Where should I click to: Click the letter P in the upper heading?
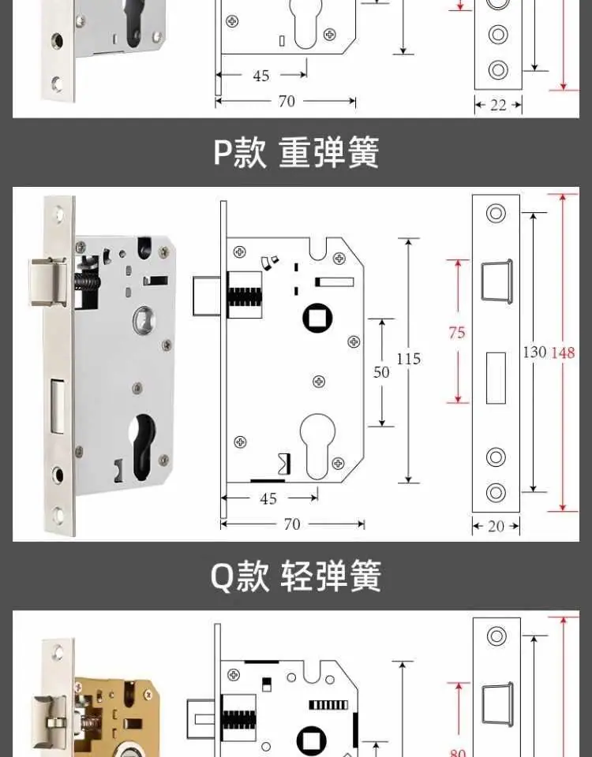click(x=223, y=152)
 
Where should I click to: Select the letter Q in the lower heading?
click(x=222, y=576)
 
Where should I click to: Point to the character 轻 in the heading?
click(x=297, y=576)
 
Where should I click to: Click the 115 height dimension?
click(x=408, y=359)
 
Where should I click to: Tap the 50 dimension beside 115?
click(x=381, y=371)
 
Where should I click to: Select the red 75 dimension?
click(x=457, y=332)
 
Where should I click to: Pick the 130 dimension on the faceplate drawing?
click(x=534, y=352)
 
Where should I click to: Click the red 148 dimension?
click(x=563, y=353)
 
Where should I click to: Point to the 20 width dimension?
click(x=496, y=526)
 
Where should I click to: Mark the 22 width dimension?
click(x=498, y=105)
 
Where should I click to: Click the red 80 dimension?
click(x=458, y=752)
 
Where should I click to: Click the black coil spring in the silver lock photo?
click(x=87, y=282)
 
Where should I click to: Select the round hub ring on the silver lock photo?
click(x=144, y=319)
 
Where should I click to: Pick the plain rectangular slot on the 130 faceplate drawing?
click(x=496, y=378)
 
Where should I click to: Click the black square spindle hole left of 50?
click(x=317, y=318)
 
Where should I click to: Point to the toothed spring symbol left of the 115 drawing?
click(x=245, y=296)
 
